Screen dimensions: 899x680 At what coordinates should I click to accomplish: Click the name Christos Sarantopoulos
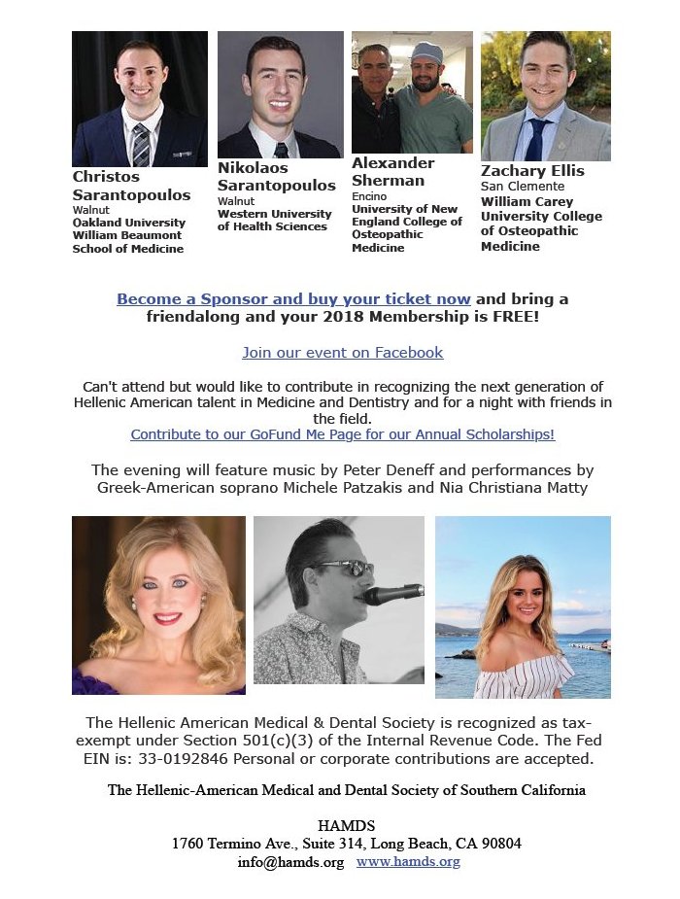click(131, 186)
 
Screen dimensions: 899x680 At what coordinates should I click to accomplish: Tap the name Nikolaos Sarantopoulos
click(276, 177)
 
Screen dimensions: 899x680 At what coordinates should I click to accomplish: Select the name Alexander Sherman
click(392, 171)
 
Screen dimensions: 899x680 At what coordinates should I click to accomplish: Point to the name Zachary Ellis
click(532, 171)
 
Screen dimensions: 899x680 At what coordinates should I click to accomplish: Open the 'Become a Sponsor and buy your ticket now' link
click(293, 299)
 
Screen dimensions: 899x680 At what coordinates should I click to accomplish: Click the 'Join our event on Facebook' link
click(342, 353)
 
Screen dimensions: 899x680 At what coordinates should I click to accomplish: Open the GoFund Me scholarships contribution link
click(342, 434)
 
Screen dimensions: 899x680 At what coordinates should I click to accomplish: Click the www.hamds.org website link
click(408, 861)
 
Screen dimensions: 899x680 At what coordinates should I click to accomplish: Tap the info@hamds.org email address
click(290, 862)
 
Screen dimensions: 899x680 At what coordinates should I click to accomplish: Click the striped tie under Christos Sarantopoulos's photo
click(141, 144)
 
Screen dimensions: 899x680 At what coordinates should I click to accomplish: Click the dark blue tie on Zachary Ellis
click(535, 139)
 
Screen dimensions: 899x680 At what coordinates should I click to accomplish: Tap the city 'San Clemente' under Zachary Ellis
click(523, 187)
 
